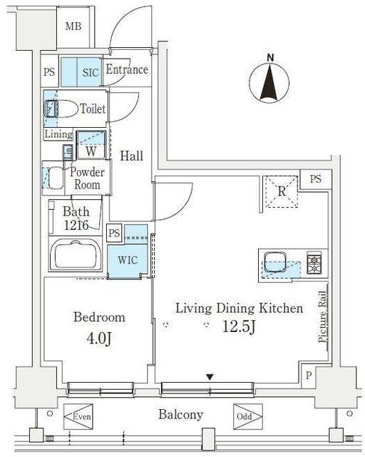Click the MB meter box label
73,26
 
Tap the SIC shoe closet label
91,72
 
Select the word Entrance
127,69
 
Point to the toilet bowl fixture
61,109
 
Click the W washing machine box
91,145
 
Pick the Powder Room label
87,178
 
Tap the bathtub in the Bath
76,254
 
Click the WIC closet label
128,260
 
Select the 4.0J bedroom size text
99,338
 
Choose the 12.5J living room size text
239,326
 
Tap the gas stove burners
314,264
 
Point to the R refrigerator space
282,191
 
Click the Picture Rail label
322,317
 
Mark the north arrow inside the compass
269,83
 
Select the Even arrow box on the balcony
78,416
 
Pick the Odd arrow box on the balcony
248,416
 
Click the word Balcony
181,415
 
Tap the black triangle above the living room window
210,377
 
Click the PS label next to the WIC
114,233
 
